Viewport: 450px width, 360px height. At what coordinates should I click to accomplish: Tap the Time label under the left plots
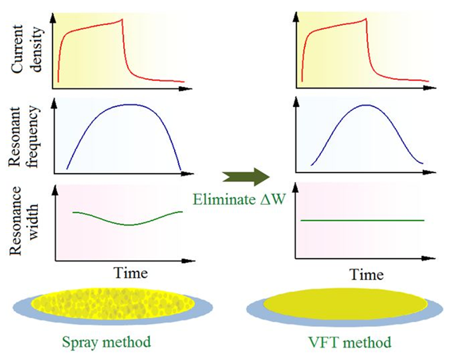click(x=132, y=273)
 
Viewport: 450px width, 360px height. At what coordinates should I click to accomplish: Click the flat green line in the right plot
click(x=363, y=220)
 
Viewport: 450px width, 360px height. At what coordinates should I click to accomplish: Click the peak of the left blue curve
click(x=129, y=104)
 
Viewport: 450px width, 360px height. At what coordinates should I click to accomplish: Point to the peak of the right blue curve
click(x=367, y=105)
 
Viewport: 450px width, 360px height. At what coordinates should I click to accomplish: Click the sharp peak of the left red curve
click(x=122, y=20)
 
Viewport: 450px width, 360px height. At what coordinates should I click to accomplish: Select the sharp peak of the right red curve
click(x=366, y=20)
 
